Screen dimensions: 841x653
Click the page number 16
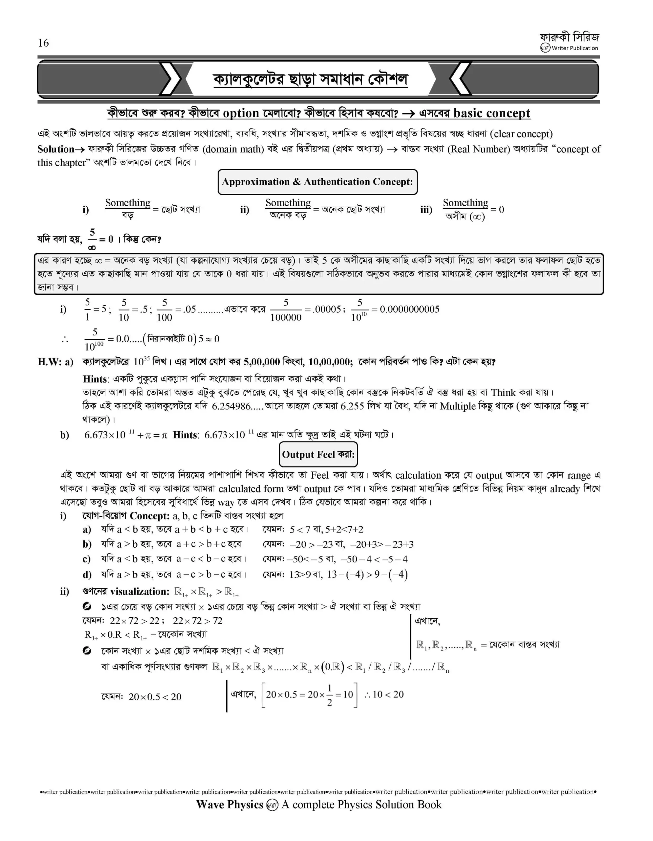43,43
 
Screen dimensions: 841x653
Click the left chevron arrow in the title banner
171,79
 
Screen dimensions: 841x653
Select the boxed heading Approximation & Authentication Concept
317,182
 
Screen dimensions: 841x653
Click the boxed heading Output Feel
318,454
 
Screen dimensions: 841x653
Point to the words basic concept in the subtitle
491,113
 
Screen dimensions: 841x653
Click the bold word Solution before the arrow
56,149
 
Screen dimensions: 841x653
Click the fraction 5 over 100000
286,309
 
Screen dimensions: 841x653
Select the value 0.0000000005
409,309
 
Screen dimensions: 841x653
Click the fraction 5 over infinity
92,239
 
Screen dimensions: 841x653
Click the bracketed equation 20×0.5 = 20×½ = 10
309,695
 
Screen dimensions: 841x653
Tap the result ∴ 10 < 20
384,694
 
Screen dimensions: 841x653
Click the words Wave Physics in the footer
230,805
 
